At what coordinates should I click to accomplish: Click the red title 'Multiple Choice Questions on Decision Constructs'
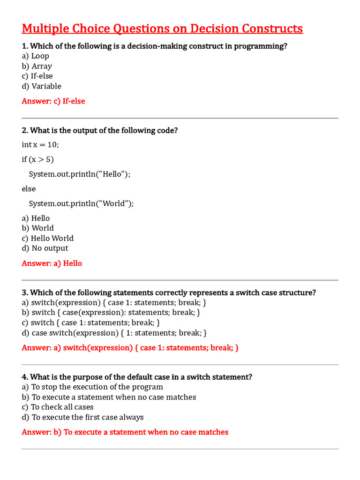162,29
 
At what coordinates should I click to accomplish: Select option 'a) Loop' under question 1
36,56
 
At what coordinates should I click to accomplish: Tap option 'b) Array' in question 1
37,66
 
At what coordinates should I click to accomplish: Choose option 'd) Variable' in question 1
42,86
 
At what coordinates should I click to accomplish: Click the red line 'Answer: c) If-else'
53,101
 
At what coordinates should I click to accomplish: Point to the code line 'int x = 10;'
40,144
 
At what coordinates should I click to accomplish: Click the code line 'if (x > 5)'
38,159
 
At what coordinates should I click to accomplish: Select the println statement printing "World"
81,203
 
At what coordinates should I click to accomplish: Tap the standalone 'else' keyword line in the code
29,188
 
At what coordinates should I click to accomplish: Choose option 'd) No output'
45,248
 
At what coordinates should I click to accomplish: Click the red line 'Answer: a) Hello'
52,263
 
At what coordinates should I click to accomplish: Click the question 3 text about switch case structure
169,292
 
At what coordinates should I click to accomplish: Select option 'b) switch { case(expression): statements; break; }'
111,312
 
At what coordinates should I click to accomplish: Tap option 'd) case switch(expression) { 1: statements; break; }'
114,333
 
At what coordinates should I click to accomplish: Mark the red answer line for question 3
130,348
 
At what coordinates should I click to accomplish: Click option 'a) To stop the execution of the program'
92,387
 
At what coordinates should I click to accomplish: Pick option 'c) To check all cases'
58,407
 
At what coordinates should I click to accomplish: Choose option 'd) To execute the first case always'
82,417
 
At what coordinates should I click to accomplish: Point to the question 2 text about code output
100,130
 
